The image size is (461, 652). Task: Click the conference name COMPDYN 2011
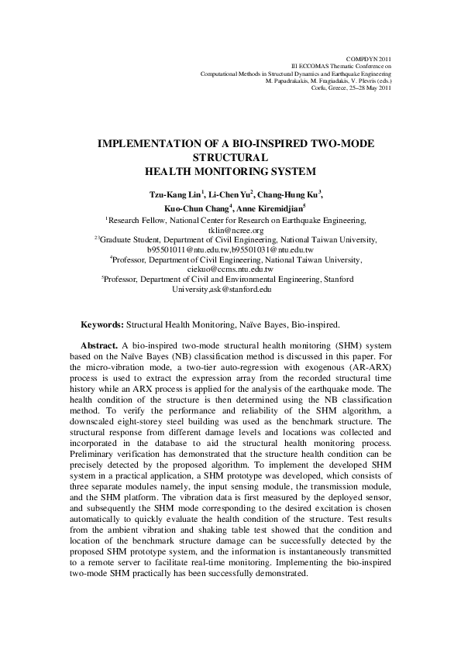pyautogui.click(x=373, y=59)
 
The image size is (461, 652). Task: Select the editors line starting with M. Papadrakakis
pyautogui.click(x=329, y=81)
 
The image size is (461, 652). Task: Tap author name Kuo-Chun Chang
pyautogui.click(x=203, y=208)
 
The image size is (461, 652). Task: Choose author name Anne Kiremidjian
pyautogui.click(x=268, y=208)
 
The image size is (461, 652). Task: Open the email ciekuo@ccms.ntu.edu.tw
pyautogui.click(x=232, y=269)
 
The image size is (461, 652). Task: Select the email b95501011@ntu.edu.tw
pyautogui.click(x=178, y=249)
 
